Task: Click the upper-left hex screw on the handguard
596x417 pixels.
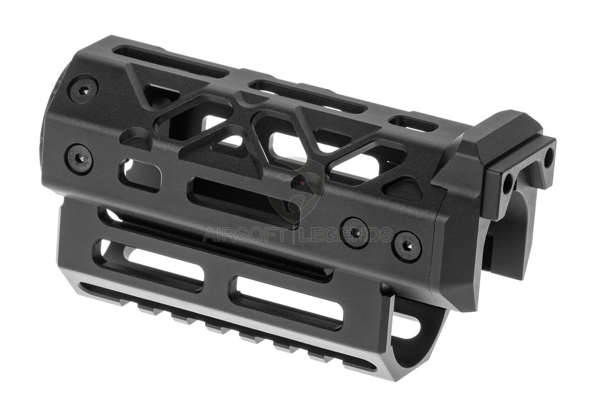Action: (83, 89)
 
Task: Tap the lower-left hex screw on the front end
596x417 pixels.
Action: (79, 159)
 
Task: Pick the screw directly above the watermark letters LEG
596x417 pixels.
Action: (354, 232)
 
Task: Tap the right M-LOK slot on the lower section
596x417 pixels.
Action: (289, 298)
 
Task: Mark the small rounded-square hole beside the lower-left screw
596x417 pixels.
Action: (140, 174)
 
